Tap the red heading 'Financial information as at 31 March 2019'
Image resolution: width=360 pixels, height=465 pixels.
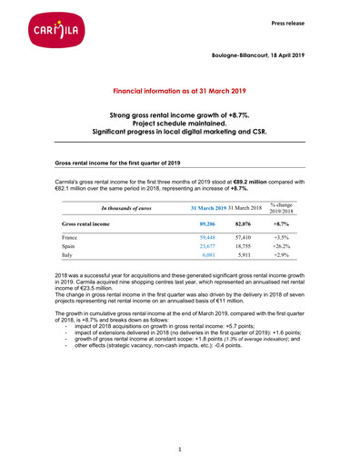pyautogui.click(x=180, y=93)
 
